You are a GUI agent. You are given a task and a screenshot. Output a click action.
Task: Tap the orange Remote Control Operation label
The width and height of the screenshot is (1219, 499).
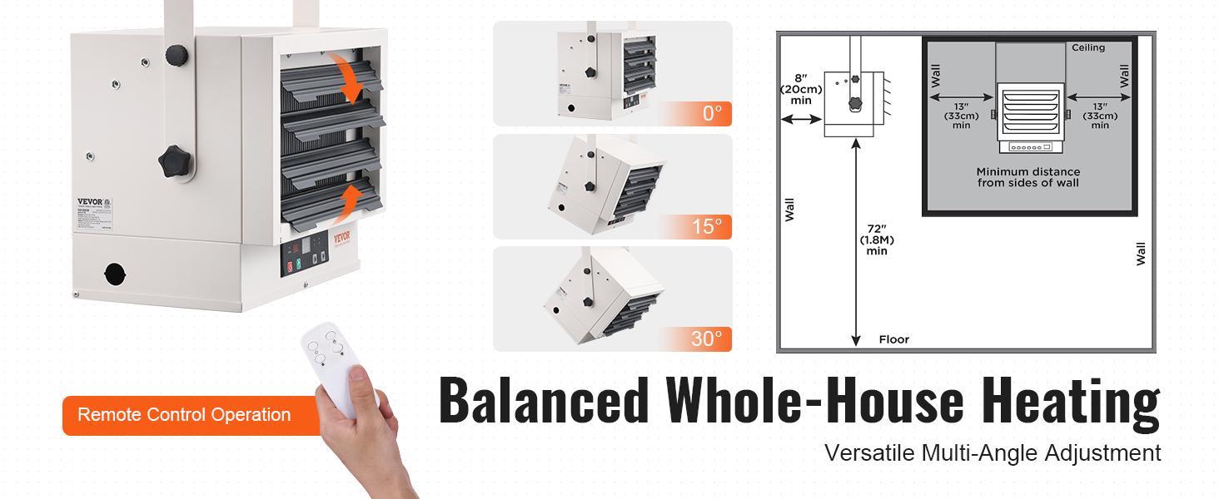click(x=185, y=414)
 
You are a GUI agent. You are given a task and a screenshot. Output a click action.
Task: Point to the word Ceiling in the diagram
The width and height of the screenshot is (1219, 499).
click(x=1088, y=47)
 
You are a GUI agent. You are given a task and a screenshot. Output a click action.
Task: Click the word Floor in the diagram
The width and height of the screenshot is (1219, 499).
click(x=894, y=339)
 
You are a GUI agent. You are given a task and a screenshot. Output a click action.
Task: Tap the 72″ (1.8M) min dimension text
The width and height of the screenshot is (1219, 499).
click(x=877, y=240)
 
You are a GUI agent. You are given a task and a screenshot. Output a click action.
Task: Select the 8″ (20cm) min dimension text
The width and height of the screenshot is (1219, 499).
click(x=800, y=88)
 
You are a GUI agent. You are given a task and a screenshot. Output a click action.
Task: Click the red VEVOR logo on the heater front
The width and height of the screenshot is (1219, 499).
click(x=342, y=237)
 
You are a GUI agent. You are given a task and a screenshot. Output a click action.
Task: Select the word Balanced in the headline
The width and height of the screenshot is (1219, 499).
click(x=544, y=401)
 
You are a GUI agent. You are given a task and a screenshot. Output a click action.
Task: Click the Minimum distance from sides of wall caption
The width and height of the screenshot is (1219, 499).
click(x=1028, y=177)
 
